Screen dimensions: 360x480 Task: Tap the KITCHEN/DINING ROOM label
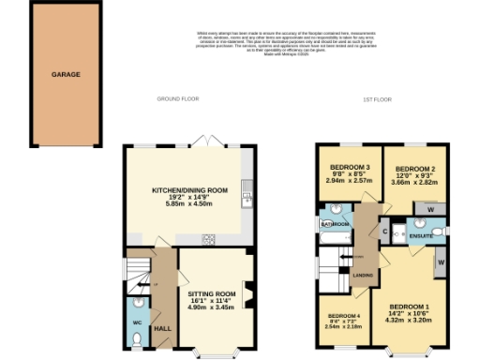[x=190, y=190]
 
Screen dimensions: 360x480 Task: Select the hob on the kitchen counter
[x=208, y=238]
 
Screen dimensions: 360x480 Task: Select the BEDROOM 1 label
[x=409, y=307]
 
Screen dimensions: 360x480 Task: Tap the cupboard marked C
[x=386, y=230]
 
